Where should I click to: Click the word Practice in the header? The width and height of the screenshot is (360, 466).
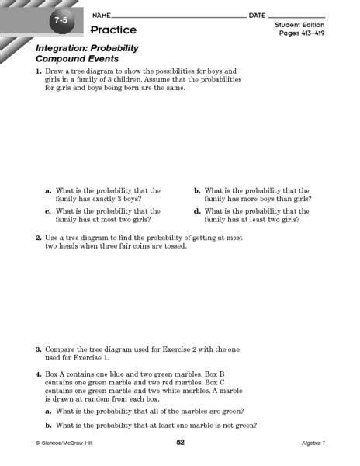pyautogui.click(x=113, y=30)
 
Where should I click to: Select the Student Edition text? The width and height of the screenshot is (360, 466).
pyautogui.click(x=299, y=25)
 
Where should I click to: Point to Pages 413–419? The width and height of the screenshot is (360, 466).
pyautogui.click(x=299, y=34)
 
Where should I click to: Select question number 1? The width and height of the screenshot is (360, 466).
pyautogui.click(x=37, y=71)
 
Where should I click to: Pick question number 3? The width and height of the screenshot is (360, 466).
pyautogui.click(x=37, y=349)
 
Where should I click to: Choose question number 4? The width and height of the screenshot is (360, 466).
pyautogui.click(x=37, y=374)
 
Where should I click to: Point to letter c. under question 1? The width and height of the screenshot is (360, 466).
pyautogui.click(x=49, y=211)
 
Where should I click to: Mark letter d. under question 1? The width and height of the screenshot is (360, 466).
pyautogui.click(x=198, y=211)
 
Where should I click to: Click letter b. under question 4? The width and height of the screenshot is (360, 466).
pyautogui.click(x=49, y=425)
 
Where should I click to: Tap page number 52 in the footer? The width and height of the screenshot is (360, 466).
pyautogui.click(x=180, y=442)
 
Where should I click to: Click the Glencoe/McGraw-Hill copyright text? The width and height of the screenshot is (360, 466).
pyautogui.click(x=65, y=443)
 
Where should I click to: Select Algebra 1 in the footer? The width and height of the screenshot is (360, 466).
pyautogui.click(x=317, y=443)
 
